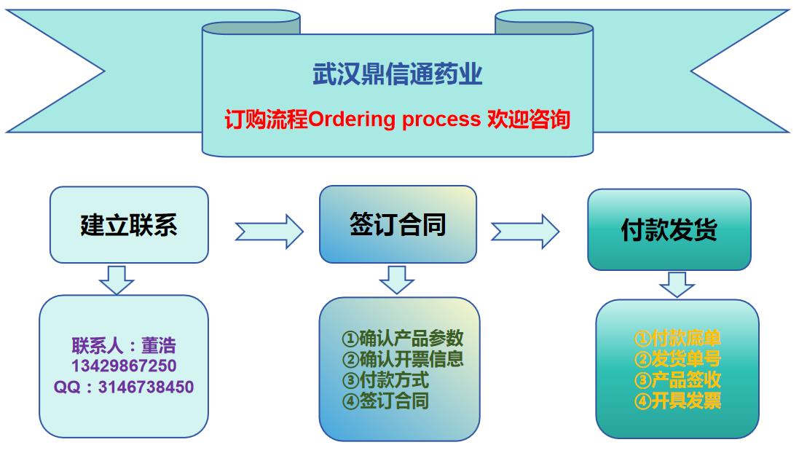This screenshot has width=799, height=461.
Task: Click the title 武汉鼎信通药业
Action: [x=397, y=75]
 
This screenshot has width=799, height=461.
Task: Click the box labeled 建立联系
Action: [x=128, y=225]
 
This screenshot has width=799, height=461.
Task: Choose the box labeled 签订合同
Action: [x=398, y=224]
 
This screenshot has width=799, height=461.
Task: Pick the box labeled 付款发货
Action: [x=669, y=230]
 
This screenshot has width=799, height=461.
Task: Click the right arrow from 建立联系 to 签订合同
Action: [x=269, y=231]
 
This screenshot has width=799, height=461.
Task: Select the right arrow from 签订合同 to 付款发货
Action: [x=524, y=231]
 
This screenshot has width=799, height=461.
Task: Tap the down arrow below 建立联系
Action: [x=117, y=280]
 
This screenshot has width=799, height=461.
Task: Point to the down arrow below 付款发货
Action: [x=677, y=284]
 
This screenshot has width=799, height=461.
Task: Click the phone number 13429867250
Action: [x=124, y=366]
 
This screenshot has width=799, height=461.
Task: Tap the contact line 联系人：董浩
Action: [x=124, y=345]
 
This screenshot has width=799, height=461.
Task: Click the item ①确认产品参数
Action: [x=402, y=339]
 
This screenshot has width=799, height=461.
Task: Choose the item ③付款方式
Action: [x=385, y=379]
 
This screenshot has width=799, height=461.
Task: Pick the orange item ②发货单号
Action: [x=677, y=359]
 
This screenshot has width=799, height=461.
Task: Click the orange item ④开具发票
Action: [x=677, y=401]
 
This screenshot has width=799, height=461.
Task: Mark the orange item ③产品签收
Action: [x=677, y=379]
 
